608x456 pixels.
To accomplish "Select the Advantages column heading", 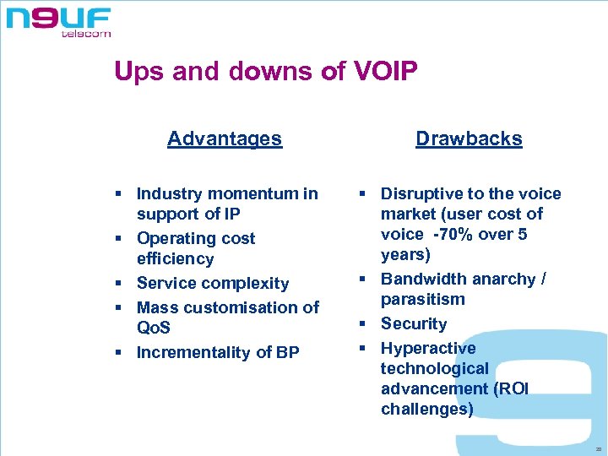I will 225,138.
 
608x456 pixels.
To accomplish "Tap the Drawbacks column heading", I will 469,138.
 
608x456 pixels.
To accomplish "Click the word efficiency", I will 175,259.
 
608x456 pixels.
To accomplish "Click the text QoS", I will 153,328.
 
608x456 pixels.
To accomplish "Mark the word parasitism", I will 423,300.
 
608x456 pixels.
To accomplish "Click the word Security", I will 414,323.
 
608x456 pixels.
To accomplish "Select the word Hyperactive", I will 428,348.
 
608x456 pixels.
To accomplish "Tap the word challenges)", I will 426,410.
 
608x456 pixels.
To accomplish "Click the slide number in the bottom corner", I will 598,450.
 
